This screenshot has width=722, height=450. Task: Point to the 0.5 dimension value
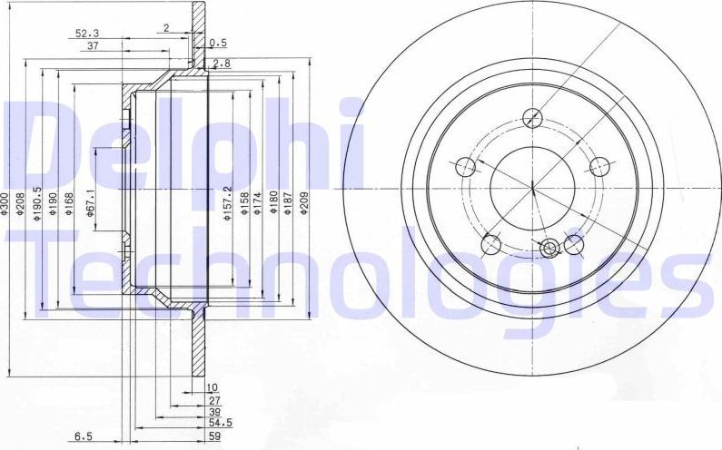tap(218, 43)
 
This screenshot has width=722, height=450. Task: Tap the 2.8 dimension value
tap(222, 64)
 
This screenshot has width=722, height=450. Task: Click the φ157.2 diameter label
tap(228, 204)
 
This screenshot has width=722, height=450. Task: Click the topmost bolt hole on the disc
tap(533, 118)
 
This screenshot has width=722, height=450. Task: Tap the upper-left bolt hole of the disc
tap(465, 166)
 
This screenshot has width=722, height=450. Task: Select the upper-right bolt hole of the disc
tap(598, 166)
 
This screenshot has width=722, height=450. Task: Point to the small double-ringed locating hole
tap(550, 249)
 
